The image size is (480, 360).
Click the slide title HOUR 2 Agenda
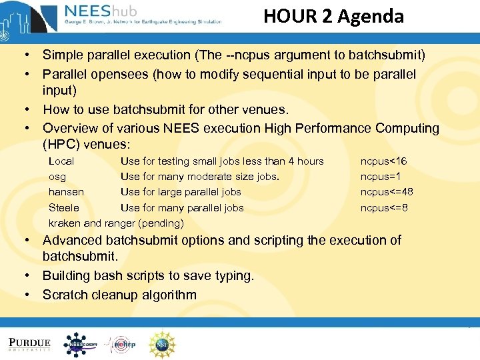pos(333,16)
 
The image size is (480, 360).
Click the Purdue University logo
pos(29,344)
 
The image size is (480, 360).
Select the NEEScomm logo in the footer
pos(81,344)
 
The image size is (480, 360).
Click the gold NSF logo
pos(162,344)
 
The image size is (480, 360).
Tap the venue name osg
pos(57,177)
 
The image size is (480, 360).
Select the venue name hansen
pos(66,192)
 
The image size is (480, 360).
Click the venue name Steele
pos(64,208)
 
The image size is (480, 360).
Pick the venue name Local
pos(61,161)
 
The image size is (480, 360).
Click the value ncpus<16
pos(383,161)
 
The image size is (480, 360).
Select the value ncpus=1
pos(379,177)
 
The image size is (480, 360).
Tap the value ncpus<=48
pos(387,192)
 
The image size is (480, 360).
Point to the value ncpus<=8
pos(384,208)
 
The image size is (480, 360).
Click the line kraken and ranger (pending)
pos(116,223)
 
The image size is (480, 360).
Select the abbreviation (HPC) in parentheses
pos(62,144)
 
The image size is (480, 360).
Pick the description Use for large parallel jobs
pos(181,192)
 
